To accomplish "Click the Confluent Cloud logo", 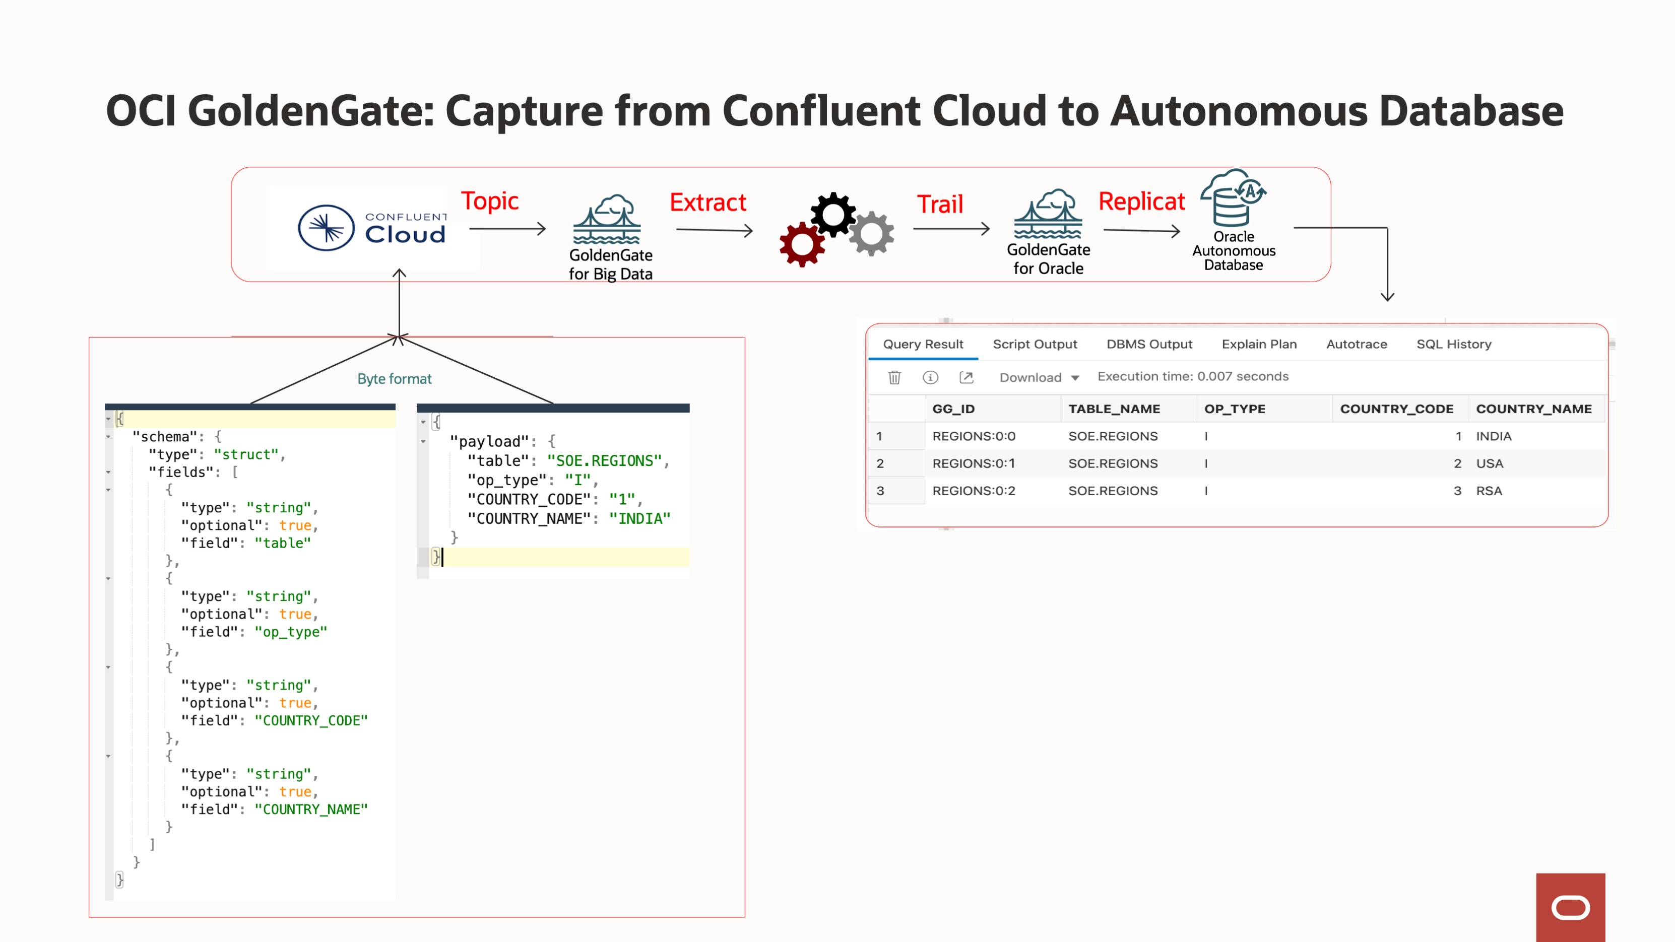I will click(x=372, y=228).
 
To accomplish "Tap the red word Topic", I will click(x=490, y=201).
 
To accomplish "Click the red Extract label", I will click(x=707, y=203).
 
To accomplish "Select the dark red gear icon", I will click(x=802, y=244).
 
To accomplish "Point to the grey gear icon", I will click(x=871, y=233).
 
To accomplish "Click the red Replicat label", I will click(x=1141, y=201).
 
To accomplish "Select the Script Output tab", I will click(x=1035, y=344).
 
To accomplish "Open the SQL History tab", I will click(x=1453, y=344).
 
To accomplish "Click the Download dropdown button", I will click(x=1039, y=378).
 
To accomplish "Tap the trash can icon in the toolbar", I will click(x=894, y=377).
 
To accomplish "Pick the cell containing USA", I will click(x=1489, y=463).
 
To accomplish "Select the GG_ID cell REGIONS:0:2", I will click(x=974, y=491).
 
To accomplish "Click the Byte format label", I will click(x=394, y=379).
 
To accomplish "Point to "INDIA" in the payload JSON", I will click(x=639, y=519).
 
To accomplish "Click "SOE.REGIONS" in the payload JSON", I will click(x=604, y=461).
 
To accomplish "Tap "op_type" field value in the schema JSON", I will click(x=291, y=632).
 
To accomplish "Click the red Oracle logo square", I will click(x=1570, y=907).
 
